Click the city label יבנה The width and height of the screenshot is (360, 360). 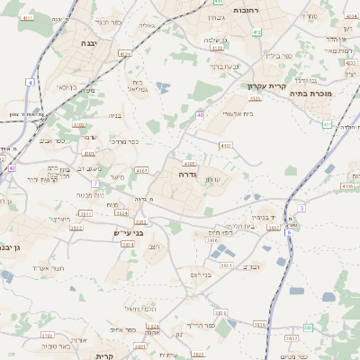88,42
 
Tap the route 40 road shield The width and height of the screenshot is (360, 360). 199,114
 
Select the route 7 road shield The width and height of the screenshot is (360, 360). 94,184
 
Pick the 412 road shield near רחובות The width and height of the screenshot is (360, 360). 256,32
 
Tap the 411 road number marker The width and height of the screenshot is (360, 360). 325,125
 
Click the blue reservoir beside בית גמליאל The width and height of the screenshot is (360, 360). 162,87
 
